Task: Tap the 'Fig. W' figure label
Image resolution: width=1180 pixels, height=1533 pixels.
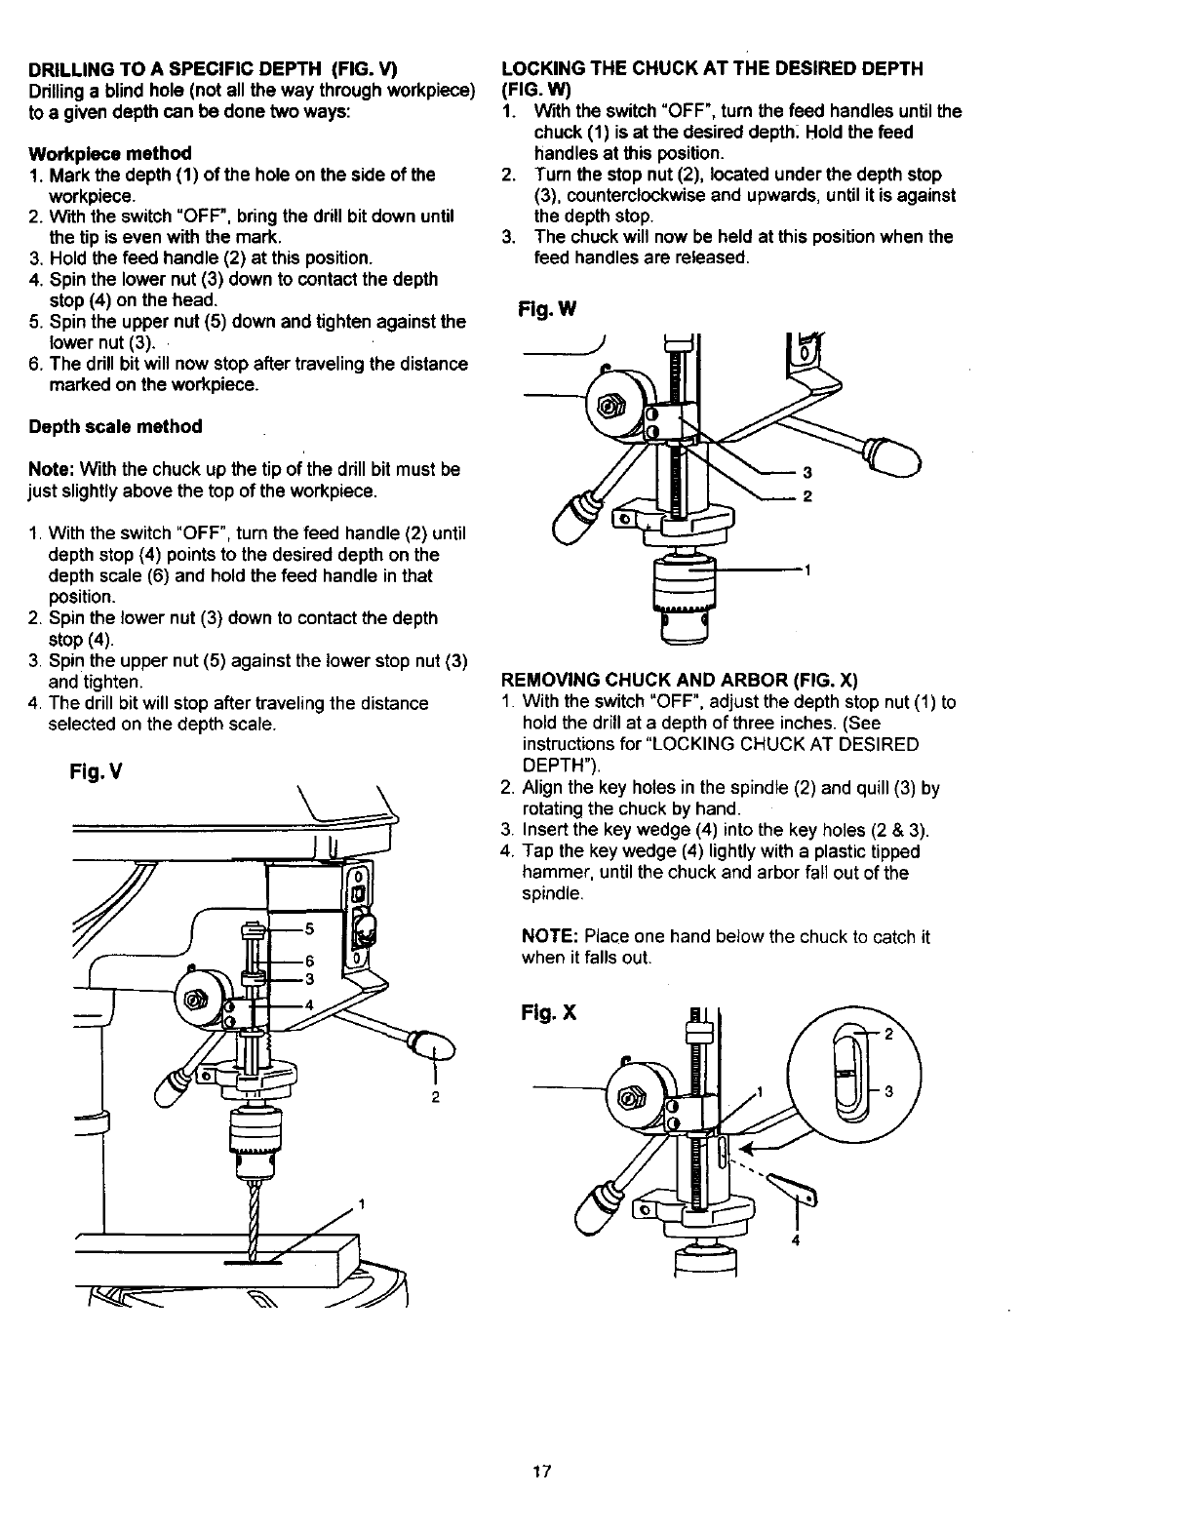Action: [548, 310]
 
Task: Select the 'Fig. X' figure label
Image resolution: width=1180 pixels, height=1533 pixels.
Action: [549, 1012]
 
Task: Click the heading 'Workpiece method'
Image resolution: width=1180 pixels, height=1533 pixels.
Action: [110, 153]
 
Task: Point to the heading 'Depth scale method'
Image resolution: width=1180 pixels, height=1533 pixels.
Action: [116, 426]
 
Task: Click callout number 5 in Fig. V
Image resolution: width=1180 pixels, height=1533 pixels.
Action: [309, 927]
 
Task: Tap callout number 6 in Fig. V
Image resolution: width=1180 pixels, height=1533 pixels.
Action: [309, 959]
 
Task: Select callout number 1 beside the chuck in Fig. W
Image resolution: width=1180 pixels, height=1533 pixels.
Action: [807, 570]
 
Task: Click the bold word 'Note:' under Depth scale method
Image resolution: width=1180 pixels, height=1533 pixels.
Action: [53, 469]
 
